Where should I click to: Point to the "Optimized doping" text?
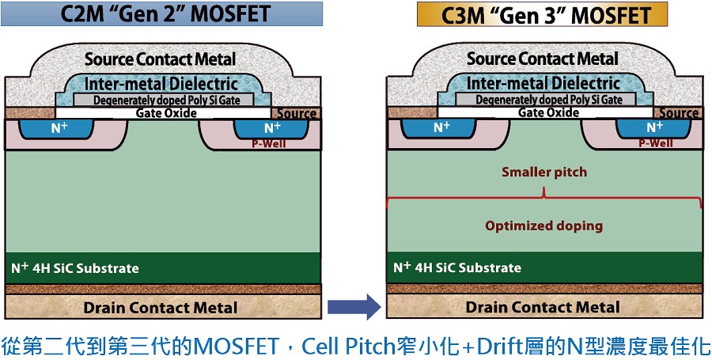(543, 225)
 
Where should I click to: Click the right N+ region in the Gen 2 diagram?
(272, 127)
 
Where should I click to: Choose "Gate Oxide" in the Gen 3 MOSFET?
(546, 112)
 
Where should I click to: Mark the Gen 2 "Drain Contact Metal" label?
(161, 307)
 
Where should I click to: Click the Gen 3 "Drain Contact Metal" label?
(543, 307)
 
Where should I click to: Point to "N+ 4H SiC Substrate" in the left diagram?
(75, 268)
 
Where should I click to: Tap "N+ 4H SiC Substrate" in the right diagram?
(457, 267)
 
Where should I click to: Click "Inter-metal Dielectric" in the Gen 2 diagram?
(161, 84)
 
